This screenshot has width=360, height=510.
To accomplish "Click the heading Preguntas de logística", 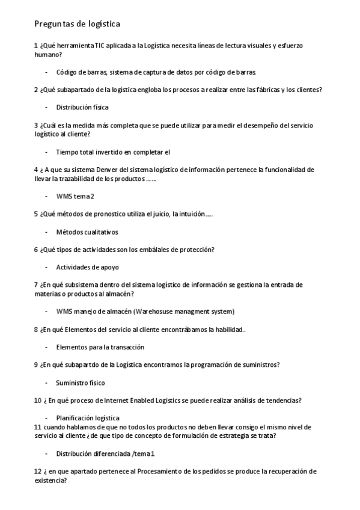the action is click(78, 24).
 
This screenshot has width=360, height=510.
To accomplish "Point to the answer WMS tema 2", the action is click(75, 196).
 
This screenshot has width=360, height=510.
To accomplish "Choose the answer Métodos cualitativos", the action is click(87, 232).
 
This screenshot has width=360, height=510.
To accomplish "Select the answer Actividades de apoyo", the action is click(87, 267).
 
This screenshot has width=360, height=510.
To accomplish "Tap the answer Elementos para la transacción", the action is click(100, 347).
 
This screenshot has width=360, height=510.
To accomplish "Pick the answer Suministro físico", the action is click(81, 382).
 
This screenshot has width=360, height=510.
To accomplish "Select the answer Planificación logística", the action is click(88, 418).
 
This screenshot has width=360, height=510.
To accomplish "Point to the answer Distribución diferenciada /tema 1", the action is click(106, 453).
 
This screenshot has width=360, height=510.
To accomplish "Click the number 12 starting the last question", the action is click(37, 472).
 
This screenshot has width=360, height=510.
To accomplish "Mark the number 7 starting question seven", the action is click(36, 284).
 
